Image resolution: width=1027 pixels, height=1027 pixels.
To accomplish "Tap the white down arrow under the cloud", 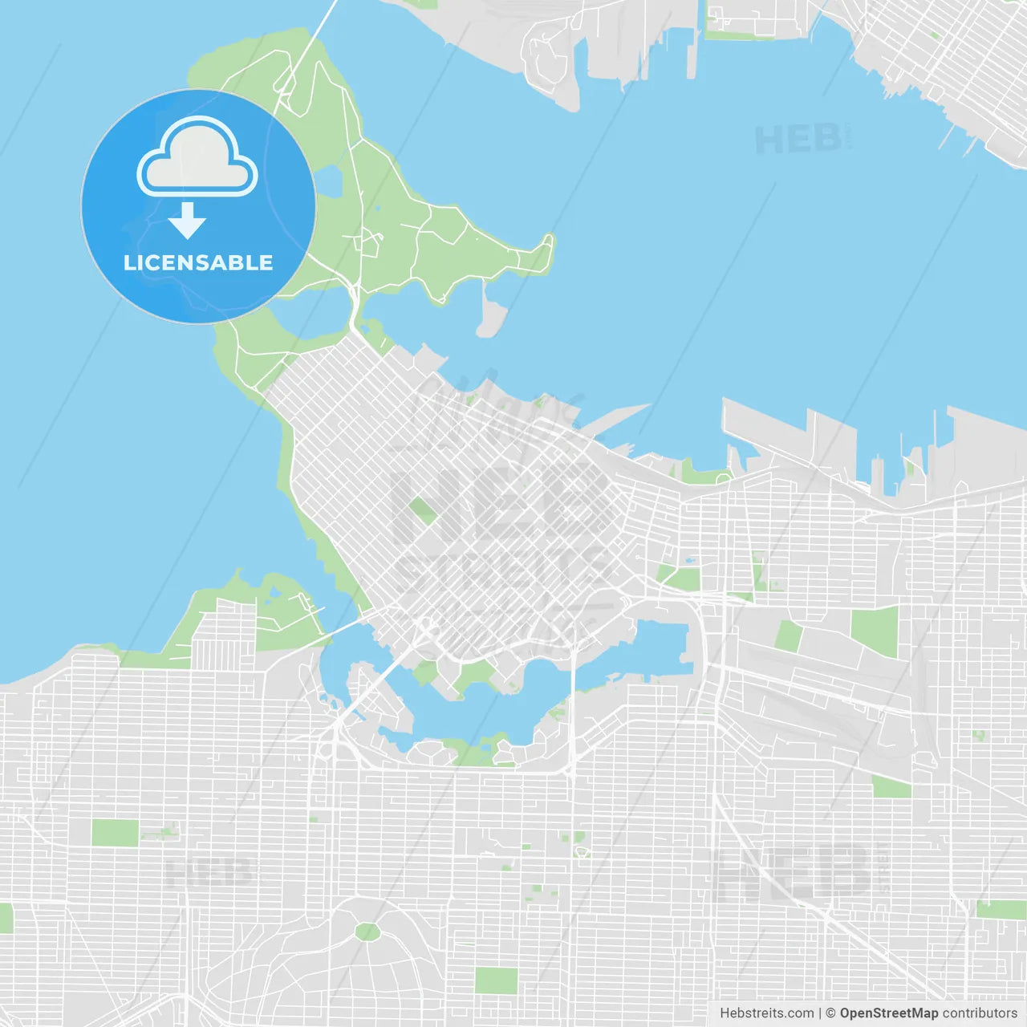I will click(187, 221).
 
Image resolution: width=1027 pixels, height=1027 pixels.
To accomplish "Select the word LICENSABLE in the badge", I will click(198, 262).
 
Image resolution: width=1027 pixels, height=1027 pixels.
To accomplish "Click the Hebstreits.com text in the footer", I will click(766, 1013).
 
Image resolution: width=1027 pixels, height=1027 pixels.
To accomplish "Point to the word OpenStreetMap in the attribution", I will click(888, 1013).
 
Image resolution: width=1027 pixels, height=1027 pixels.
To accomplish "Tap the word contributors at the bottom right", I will click(980, 1013).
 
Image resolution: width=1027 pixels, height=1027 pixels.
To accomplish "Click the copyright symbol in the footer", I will click(830, 1013).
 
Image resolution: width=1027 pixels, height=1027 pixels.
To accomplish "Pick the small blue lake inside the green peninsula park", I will click(328, 182).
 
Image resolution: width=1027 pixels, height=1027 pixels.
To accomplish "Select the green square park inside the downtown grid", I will click(421, 509).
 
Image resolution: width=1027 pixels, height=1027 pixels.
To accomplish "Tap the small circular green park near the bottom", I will click(367, 932).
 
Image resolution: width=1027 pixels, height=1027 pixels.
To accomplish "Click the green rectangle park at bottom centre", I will click(496, 980).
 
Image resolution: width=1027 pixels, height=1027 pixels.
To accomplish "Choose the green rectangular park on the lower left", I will click(115, 833).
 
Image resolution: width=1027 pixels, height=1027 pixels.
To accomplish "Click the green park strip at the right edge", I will click(1001, 910).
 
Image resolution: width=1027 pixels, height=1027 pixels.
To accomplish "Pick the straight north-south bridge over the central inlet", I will click(573, 698).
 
